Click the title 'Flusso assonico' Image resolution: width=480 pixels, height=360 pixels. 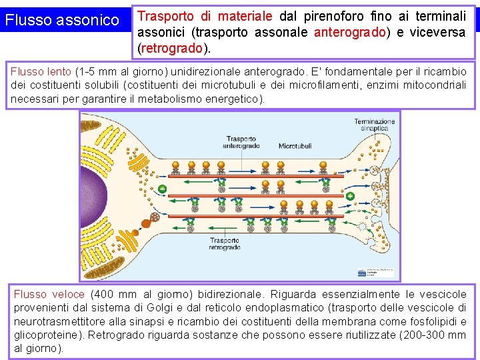61,21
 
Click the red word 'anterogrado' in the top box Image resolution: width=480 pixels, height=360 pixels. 346,33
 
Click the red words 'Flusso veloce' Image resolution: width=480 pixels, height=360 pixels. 49,294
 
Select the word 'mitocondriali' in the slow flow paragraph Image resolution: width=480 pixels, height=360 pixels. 435,85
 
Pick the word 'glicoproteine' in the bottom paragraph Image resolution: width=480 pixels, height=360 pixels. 48,335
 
